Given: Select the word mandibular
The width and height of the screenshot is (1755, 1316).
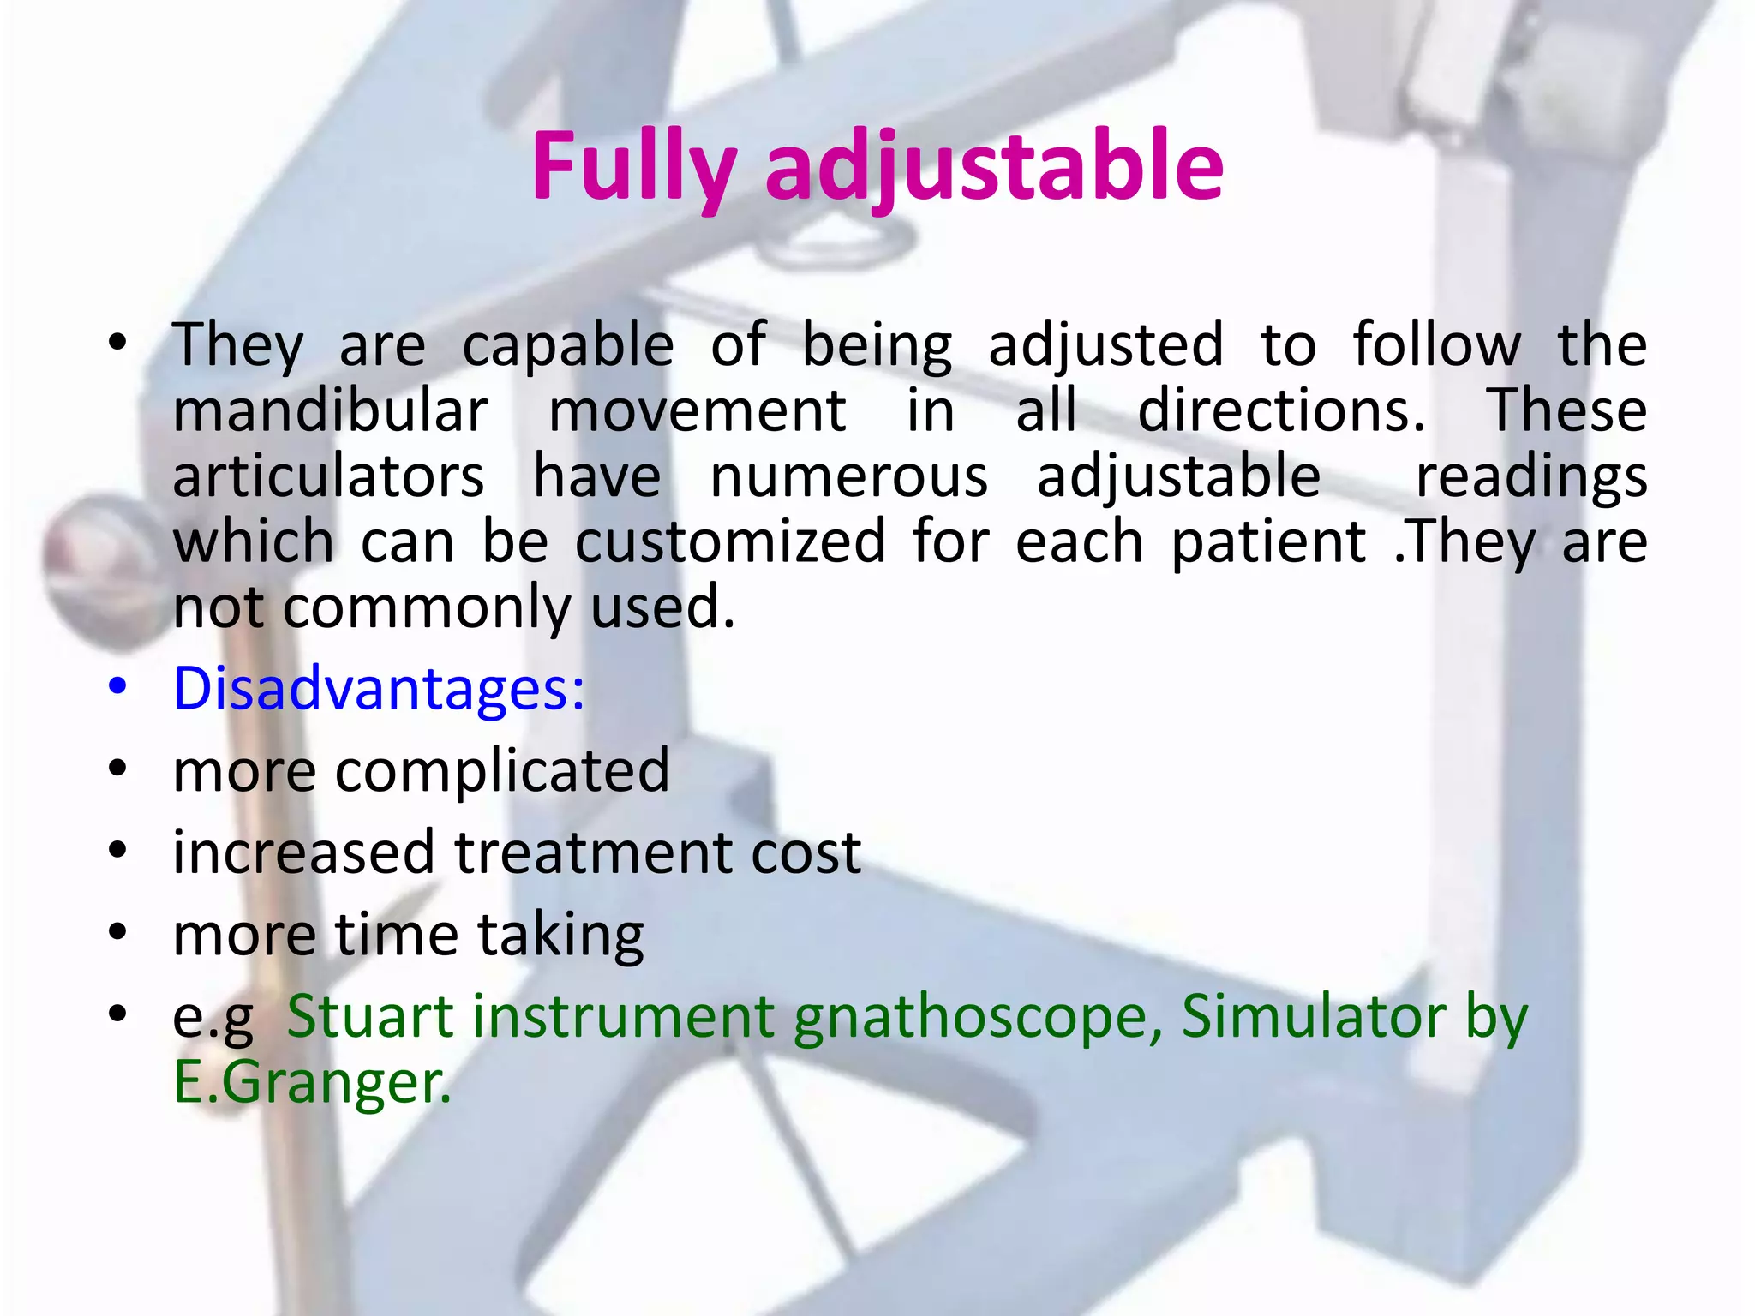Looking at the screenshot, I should (331, 411).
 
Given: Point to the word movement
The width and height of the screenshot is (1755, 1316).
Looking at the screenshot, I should (698, 411).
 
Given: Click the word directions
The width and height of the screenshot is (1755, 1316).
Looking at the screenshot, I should (1280, 411).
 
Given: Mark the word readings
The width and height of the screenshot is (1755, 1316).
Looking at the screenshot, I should (1530, 478).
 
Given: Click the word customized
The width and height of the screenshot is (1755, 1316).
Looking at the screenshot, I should (730, 542).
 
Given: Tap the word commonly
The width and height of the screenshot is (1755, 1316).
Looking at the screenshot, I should (426, 608).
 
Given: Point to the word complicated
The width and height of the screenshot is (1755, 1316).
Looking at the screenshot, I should (502, 770).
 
